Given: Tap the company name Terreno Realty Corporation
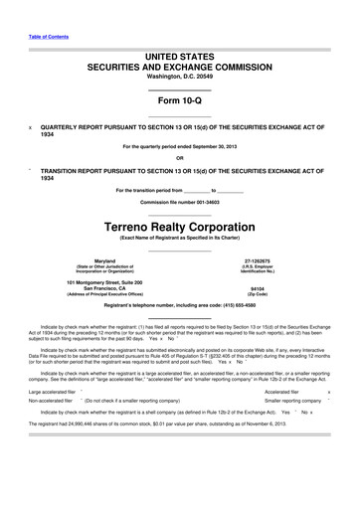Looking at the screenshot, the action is click(179, 226).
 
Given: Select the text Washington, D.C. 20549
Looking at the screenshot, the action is click(179, 75).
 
